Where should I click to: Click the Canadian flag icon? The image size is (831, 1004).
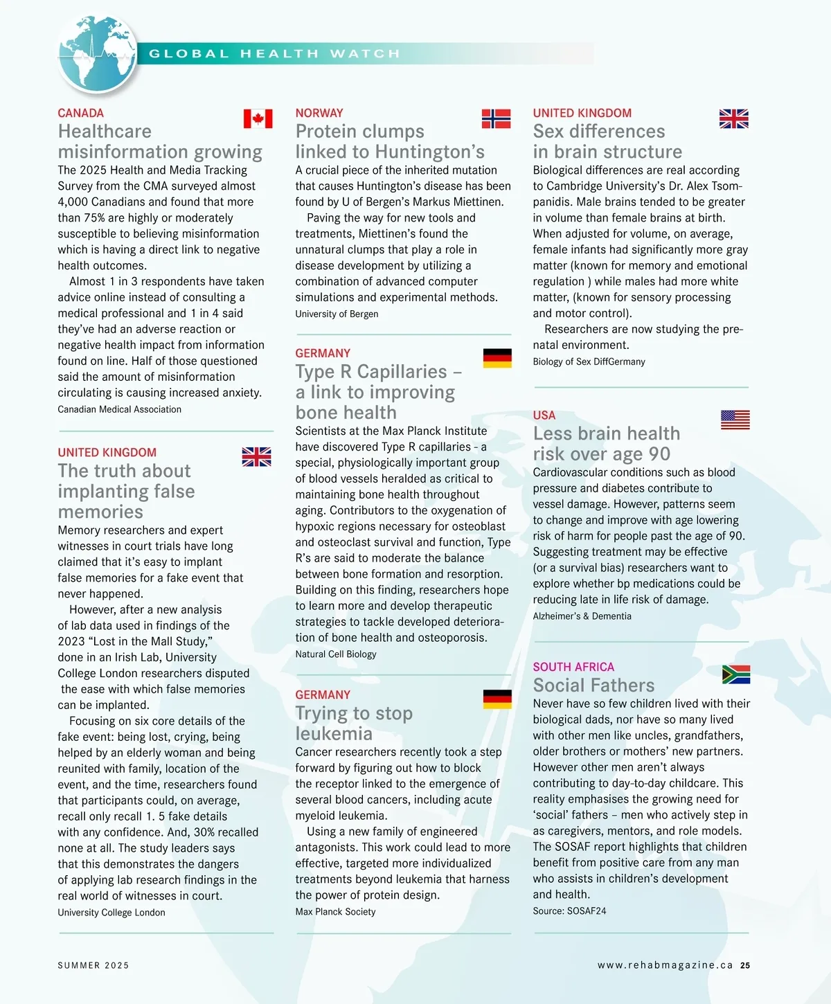coord(258,119)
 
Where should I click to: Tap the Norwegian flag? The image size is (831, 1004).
coord(496,119)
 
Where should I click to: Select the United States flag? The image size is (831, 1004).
coord(735,420)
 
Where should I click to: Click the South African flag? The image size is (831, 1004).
coord(735,674)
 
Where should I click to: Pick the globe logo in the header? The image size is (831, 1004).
coord(97,54)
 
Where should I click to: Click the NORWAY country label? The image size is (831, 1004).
coord(319,113)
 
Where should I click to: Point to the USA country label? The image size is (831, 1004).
coord(544,415)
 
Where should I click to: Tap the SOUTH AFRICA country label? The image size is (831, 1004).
coord(573,667)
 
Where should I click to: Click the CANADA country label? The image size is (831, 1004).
coord(80,113)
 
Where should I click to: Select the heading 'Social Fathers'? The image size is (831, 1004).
coord(593,685)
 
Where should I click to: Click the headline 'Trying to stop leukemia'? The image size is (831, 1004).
coord(354,723)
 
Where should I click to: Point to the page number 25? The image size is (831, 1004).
coord(745,965)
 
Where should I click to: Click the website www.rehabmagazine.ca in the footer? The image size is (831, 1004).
coord(665,965)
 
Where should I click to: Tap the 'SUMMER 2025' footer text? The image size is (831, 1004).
coord(93,965)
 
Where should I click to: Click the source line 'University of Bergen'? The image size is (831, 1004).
coord(337,314)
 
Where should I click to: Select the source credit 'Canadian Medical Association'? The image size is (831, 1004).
coord(119,409)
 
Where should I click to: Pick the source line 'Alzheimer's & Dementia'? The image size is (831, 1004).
coord(582,616)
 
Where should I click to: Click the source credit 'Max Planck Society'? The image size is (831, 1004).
coord(335,911)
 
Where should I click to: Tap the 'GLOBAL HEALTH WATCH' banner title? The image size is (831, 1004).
coord(275,54)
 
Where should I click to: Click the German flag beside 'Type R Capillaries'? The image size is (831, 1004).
coord(497,358)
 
